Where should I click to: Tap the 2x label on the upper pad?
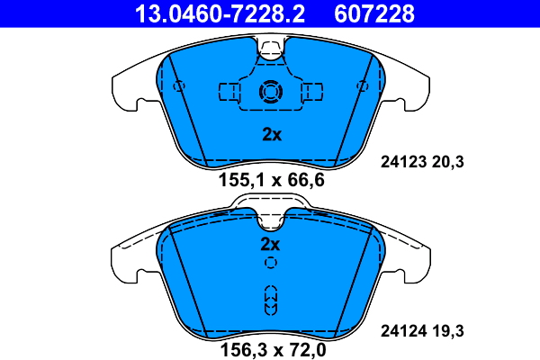[x=271, y=135]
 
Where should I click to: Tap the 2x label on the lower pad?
[x=270, y=244]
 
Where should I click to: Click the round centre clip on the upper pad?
[x=270, y=92]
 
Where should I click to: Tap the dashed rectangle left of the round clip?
[x=229, y=92]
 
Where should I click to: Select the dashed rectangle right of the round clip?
[x=312, y=92]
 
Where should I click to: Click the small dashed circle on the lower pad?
[x=270, y=264]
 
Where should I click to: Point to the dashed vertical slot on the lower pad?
[x=270, y=299]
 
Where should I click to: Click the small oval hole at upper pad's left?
[x=178, y=86]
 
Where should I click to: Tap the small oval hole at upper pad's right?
[x=363, y=86]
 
